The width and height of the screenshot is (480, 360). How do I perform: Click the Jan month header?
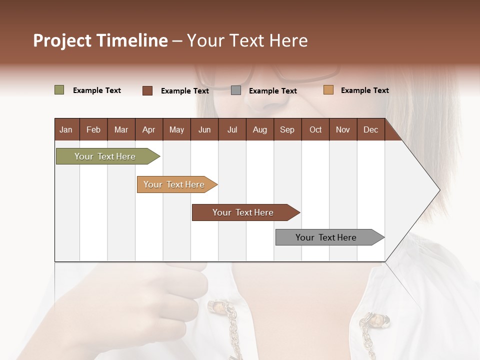click(x=66, y=129)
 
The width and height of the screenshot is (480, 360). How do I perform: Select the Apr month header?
click(x=148, y=129)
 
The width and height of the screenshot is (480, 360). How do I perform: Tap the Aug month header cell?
click(x=259, y=129)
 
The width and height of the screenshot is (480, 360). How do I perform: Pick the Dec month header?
click(x=370, y=129)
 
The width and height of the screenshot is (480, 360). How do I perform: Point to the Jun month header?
click(x=204, y=129)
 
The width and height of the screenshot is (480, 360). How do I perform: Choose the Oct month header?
click(x=315, y=129)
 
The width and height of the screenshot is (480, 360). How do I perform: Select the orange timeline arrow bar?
click(x=175, y=184)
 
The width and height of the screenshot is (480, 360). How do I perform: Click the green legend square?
click(x=59, y=90)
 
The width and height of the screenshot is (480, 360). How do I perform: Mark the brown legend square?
click(x=147, y=90)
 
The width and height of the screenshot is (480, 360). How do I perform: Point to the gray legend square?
click(x=235, y=90)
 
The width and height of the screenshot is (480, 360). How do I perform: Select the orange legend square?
click(x=328, y=90)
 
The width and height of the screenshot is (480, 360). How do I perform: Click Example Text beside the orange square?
click(x=364, y=90)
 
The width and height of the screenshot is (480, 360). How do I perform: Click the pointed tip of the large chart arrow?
click(x=438, y=190)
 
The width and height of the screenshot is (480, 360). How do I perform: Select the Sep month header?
click(x=287, y=129)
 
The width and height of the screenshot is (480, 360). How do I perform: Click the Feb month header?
click(x=93, y=129)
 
